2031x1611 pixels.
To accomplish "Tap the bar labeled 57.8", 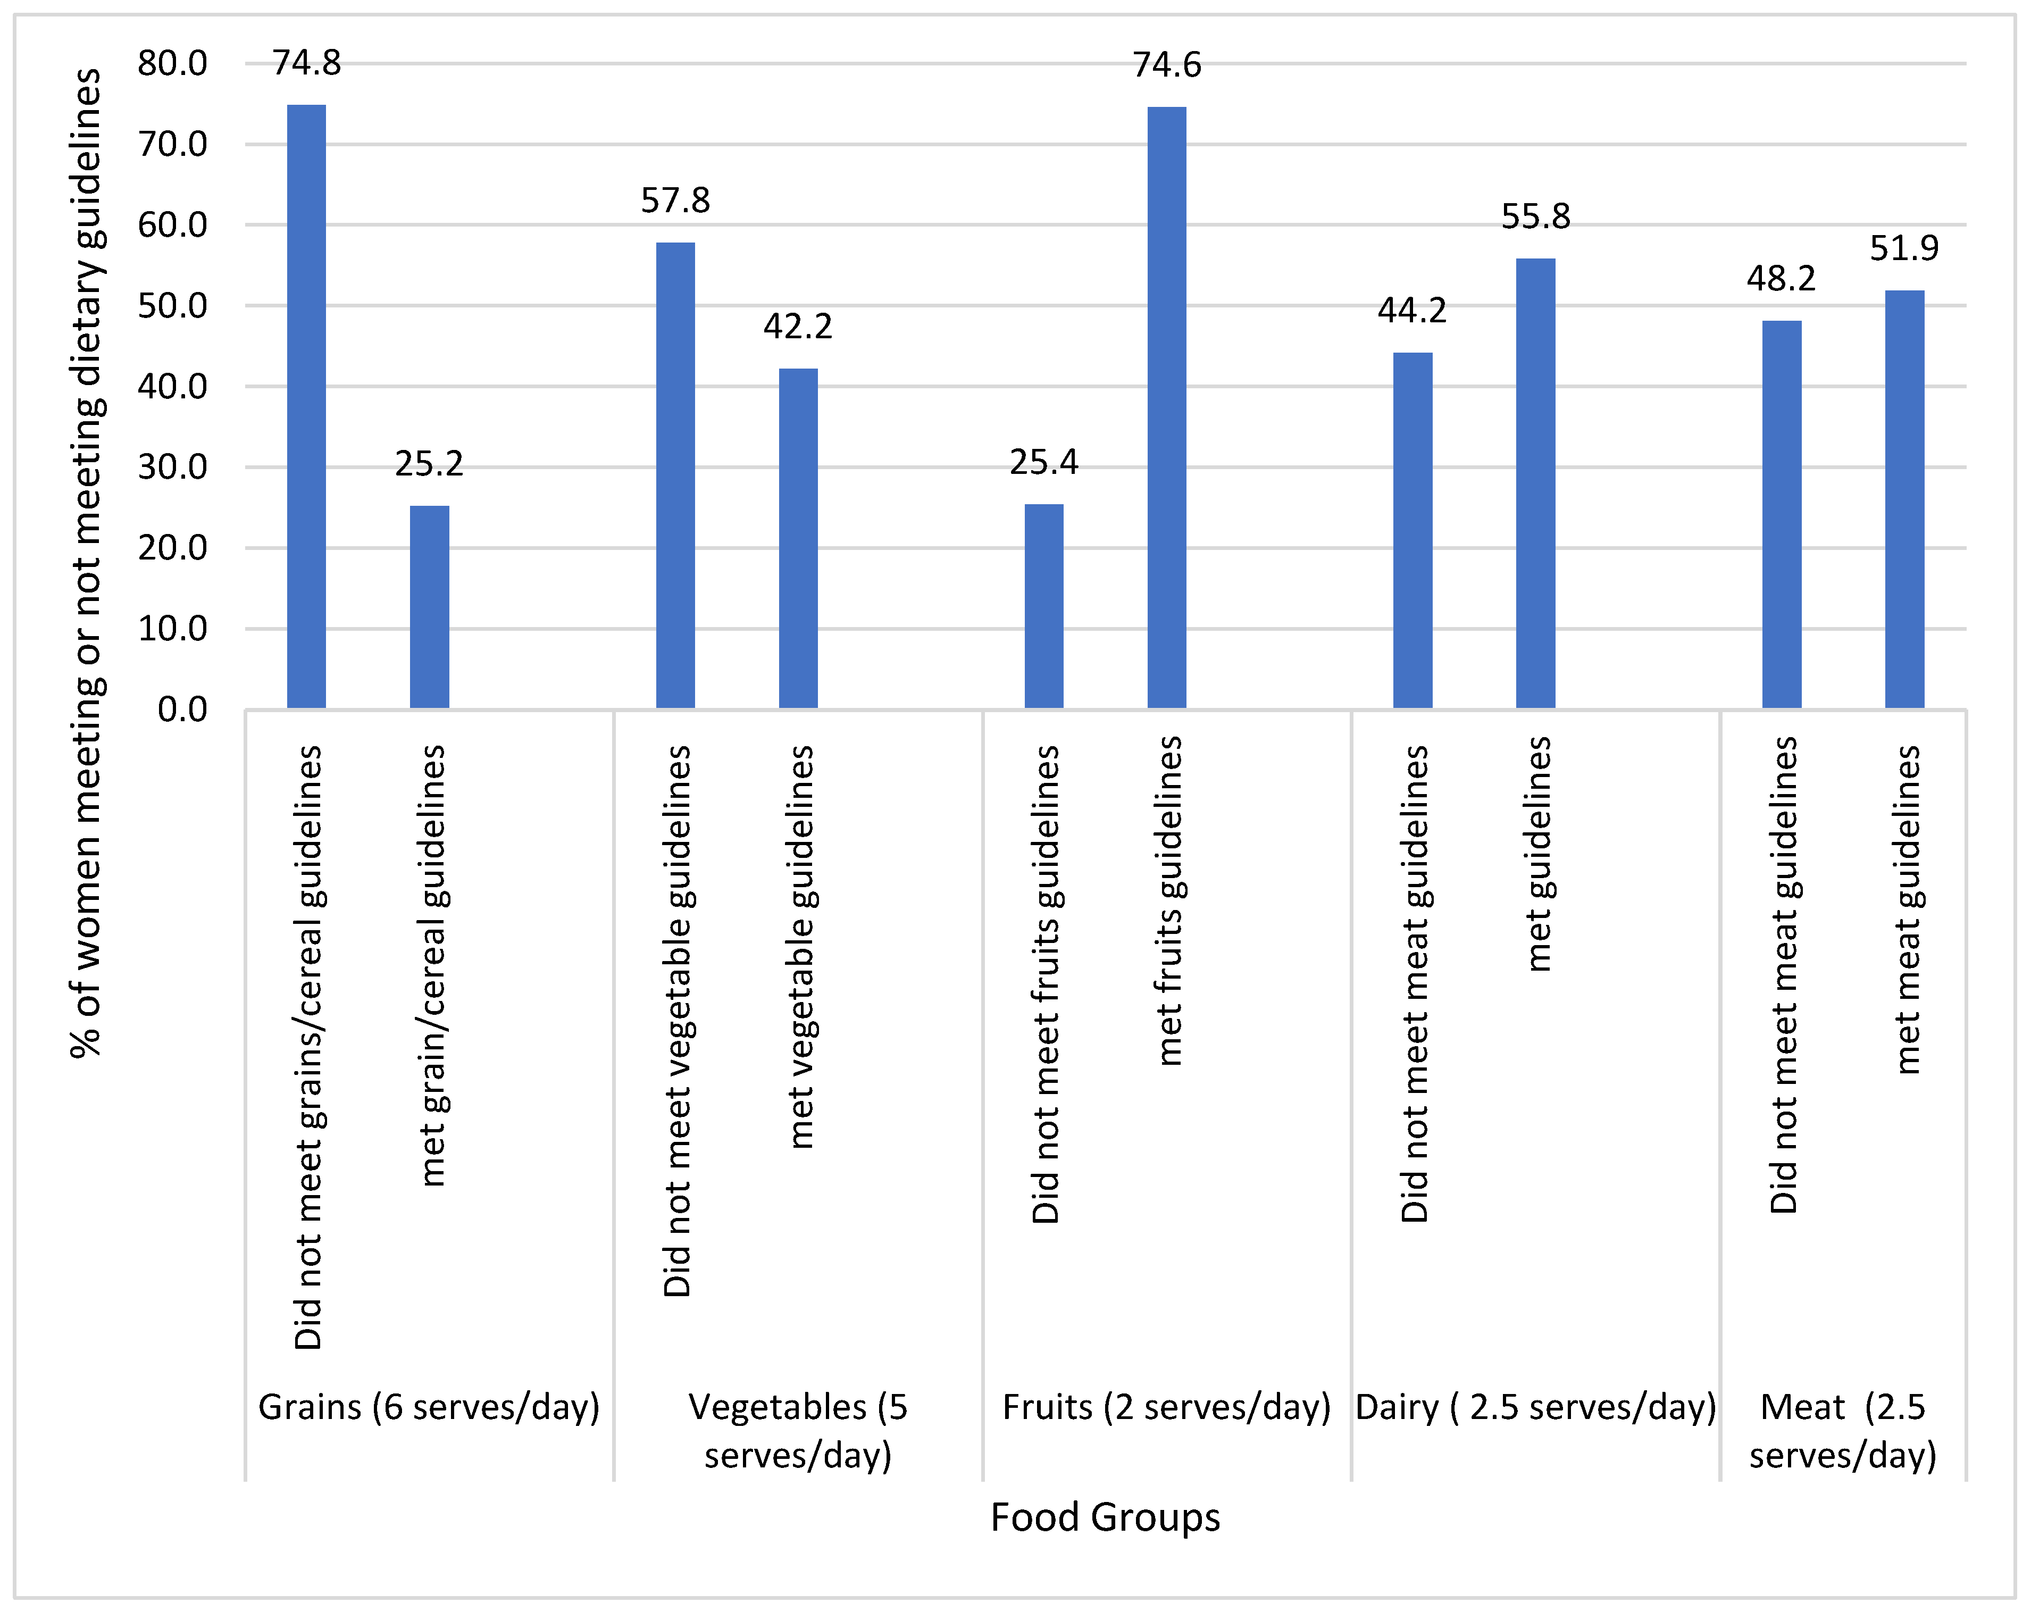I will pyautogui.click(x=675, y=476).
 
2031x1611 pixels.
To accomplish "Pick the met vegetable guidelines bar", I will pyautogui.click(x=798, y=539).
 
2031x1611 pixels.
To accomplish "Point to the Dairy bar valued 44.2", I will pyautogui.click(x=1412, y=530).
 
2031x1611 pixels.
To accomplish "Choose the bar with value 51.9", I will pyautogui.click(x=1904, y=499).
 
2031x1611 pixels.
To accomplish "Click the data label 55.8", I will pyautogui.click(x=1535, y=216).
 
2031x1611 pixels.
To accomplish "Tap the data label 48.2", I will pyautogui.click(x=1781, y=279).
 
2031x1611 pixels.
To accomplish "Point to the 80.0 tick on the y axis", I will pyautogui.click(x=172, y=64).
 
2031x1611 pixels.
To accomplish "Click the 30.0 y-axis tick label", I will pyautogui.click(x=172, y=468).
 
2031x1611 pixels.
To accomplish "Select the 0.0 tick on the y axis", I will pyautogui.click(x=182, y=709).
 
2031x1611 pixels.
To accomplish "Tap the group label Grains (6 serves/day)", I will pyautogui.click(x=429, y=1407).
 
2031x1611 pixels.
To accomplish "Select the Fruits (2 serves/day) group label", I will pyautogui.click(x=1166, y=1407).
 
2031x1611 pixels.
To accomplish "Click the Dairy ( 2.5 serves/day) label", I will pyautogui.click(x=1535, y=1407).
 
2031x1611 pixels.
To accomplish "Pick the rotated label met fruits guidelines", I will pyautogui.click(x=1168, y=902).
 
